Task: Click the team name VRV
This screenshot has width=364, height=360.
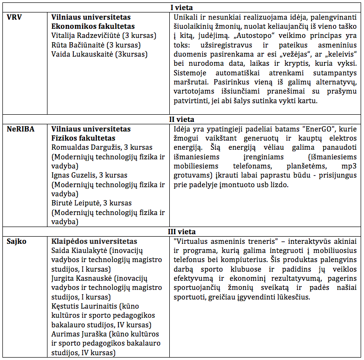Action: point(16,17)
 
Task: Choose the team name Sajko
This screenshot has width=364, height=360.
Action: point(17,241)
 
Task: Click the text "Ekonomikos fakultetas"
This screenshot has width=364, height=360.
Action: point(93,26)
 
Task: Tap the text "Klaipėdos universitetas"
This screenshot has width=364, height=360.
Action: point(94,241)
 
